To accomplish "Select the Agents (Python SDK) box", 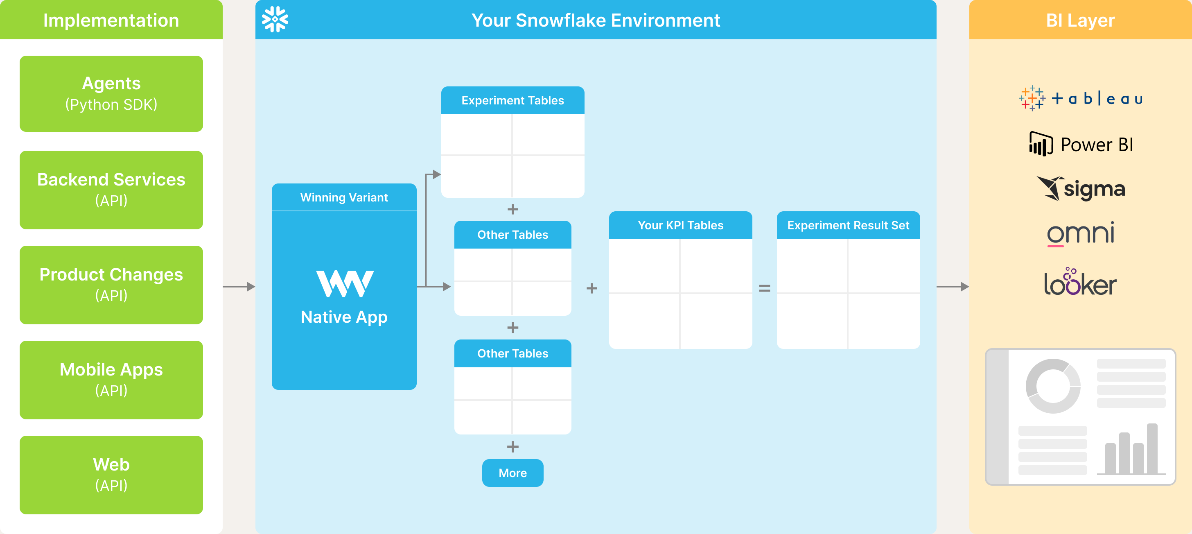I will [111, 93].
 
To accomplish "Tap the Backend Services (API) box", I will [111, 190].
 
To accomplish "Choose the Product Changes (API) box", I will [111, 285].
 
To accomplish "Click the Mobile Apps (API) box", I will [111, 380].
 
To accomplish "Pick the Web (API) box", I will [111, 474].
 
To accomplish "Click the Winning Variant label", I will [344, 198].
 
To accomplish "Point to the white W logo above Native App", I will [345, 283].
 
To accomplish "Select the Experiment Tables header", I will [512, 100].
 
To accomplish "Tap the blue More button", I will [512, 473].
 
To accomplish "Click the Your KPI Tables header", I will [680, 225].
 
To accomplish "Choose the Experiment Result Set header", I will [848, 225].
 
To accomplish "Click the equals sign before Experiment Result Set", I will [764, 288].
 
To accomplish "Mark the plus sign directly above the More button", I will [512, 446].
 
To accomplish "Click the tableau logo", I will [1081, 98].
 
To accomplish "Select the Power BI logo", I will [1081, 145].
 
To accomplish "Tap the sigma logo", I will [1081, 189].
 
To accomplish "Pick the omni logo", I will [1081, 234].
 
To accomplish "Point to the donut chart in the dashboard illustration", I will [1053, 385].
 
